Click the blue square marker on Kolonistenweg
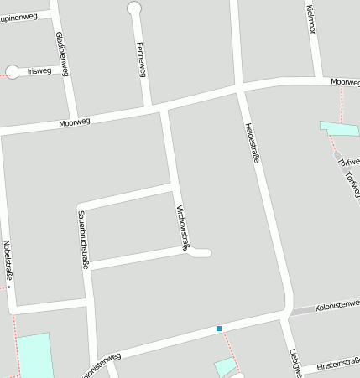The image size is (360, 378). [x=219, y=329]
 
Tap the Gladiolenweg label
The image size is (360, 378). [x=60, y=54]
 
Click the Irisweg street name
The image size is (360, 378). [x=39, y=71]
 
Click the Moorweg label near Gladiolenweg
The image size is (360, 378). [x=75, y=123]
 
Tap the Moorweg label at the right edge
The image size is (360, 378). [x=345, y=82]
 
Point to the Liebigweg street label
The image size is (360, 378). [x=295, y=362]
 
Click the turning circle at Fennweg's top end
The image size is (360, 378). [x=134, y=8]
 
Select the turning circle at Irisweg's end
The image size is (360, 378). [x=12, y=72]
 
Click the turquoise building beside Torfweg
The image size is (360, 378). [x=339, y=128]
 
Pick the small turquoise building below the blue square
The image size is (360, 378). [x=225, y=367]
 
